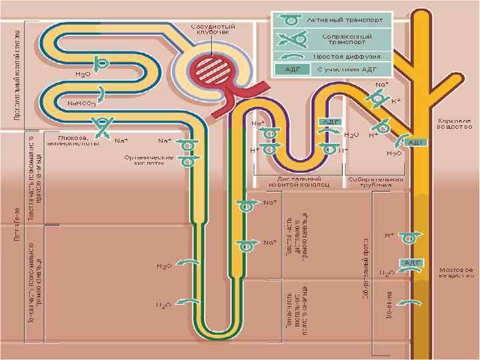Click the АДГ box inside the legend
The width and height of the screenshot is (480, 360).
click(x=291, y=69)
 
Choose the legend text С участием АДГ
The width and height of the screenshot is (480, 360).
click(x=347, y=69)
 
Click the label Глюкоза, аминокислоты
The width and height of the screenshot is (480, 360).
click(x=73, y=140)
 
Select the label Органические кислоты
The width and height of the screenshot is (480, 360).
click(x=150, y=160)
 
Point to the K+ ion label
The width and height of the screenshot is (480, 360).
click(x=395, y=101)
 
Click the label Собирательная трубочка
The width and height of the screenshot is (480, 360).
click(x=375, y=182)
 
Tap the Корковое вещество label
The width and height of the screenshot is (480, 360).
click(x=455, y=123)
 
